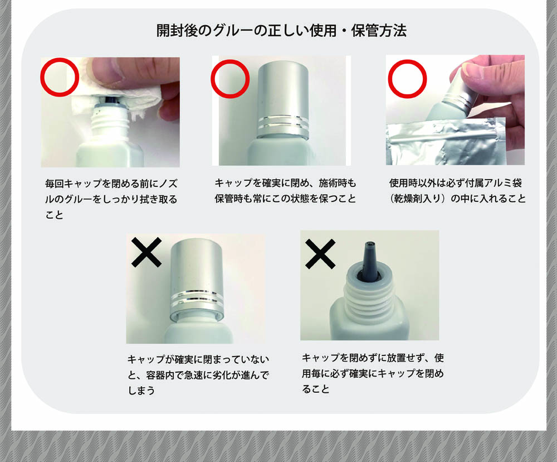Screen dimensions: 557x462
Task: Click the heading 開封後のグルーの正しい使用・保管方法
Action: tap(281, 31)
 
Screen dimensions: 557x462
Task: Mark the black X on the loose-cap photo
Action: tap(146, 252)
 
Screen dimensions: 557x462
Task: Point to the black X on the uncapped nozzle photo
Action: tap(320, 254)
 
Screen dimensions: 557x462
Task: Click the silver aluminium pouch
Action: tap(446, 141)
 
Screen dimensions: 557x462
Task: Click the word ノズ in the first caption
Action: tap(168, 184)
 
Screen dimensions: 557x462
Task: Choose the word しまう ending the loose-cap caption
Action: tap(141, 391)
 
